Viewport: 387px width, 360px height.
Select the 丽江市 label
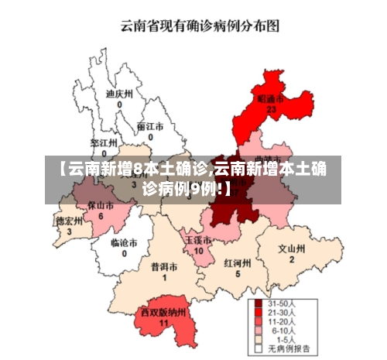tap(149, 126)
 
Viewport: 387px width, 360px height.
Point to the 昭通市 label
tap(271, 100)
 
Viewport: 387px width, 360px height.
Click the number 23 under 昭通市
tap(271, 110)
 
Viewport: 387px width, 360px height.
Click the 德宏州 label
tap(69, 221)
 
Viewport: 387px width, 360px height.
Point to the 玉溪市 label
tap(198, 241)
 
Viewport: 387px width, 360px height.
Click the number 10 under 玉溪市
tap(198, 251)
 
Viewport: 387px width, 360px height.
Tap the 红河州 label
tap(238, 262)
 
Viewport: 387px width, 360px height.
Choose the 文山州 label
tap(292, 249)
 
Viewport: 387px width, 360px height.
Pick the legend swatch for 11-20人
tap(257, 321)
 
